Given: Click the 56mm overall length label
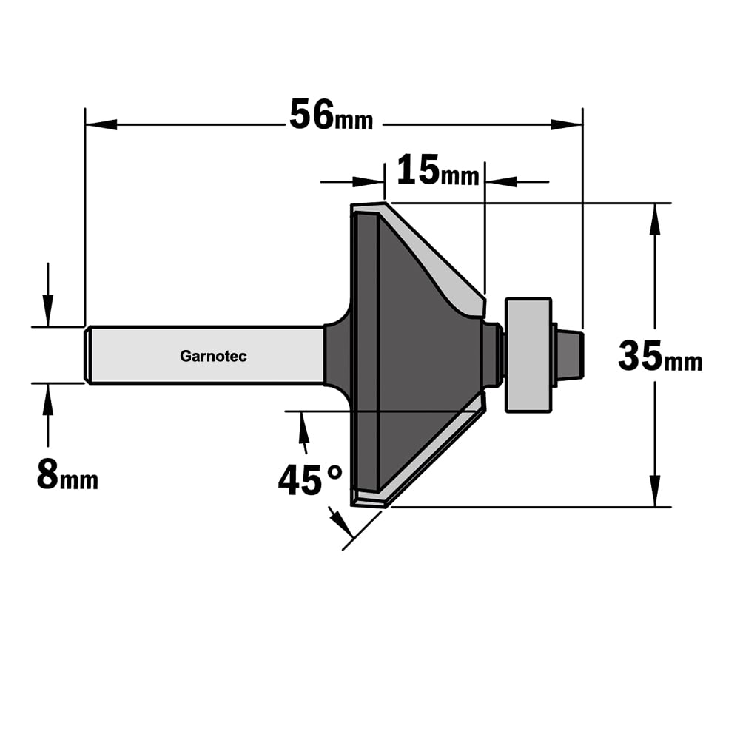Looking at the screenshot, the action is (x=331, y=115).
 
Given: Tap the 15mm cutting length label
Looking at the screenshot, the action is (x=437, y=170).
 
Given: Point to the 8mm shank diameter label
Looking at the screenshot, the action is (x=67, y=474).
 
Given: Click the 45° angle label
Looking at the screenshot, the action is (x=310, y=480).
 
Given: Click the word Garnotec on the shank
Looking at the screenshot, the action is (x=213, y=356).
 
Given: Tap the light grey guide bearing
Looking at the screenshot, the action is (x=528, y=355).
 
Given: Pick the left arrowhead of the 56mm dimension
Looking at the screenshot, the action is (x=101, y=124).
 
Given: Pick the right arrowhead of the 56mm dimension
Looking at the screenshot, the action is (x=566, y=124).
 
